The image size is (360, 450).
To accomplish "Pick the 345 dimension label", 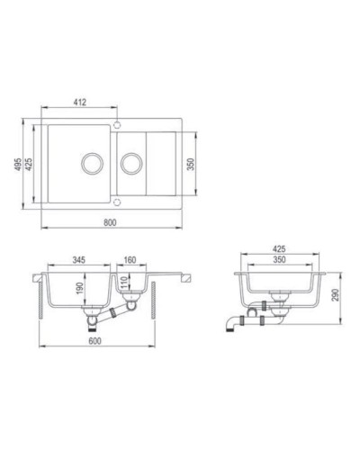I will coord(79,258).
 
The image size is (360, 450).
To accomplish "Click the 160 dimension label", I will coord(130,258).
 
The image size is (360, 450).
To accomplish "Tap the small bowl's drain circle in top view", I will coord(132,163).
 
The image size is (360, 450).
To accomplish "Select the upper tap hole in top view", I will coord(118,123).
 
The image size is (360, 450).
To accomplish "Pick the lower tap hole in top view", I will coord(118,202).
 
